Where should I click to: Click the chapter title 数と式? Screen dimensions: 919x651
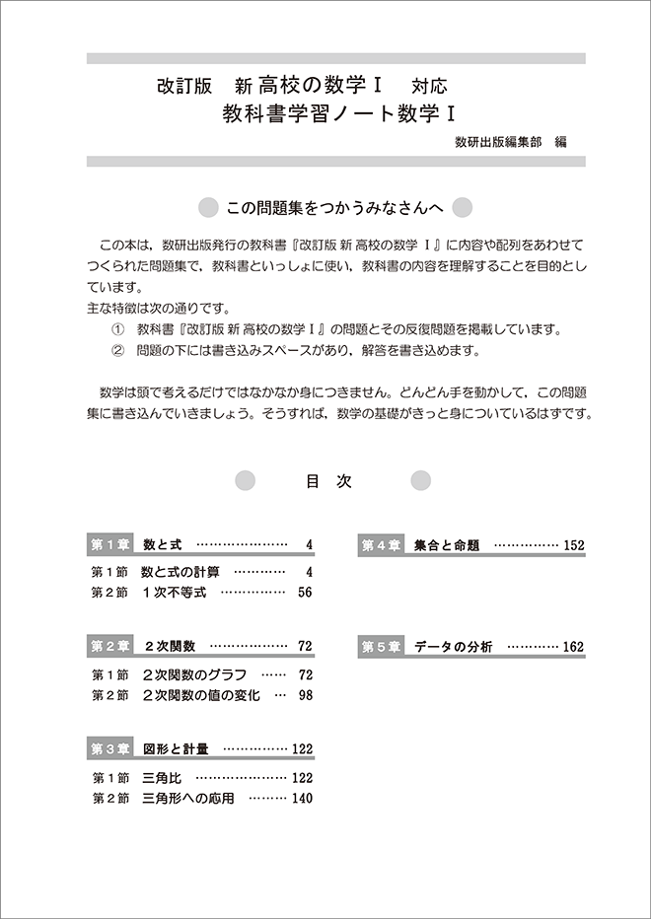pyautogui.click(x=163, y=544)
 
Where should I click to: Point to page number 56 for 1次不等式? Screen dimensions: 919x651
pyautogui.click(x=304, y=593)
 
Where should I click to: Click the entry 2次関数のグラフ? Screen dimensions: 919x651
pyautogui.click(x=194, y=674)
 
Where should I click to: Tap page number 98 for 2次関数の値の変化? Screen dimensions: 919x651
pyautogui.click(x=304, y=696)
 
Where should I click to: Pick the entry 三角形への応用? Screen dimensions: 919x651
pyautogui.click(x=188, y=799)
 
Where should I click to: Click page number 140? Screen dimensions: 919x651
pyautogui.click(x=301, y=799)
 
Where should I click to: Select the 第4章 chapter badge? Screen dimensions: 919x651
pyautogui.click(x=381, y=544)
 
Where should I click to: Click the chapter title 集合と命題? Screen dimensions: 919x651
pyautogui.click(x=447, y=544)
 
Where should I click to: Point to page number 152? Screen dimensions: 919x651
pyautogui.click(x=573, y=544)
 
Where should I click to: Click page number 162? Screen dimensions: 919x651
pyautogui.click(x=573, y=647)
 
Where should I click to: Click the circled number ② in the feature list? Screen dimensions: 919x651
pyautogui.click(x=118, y=350)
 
